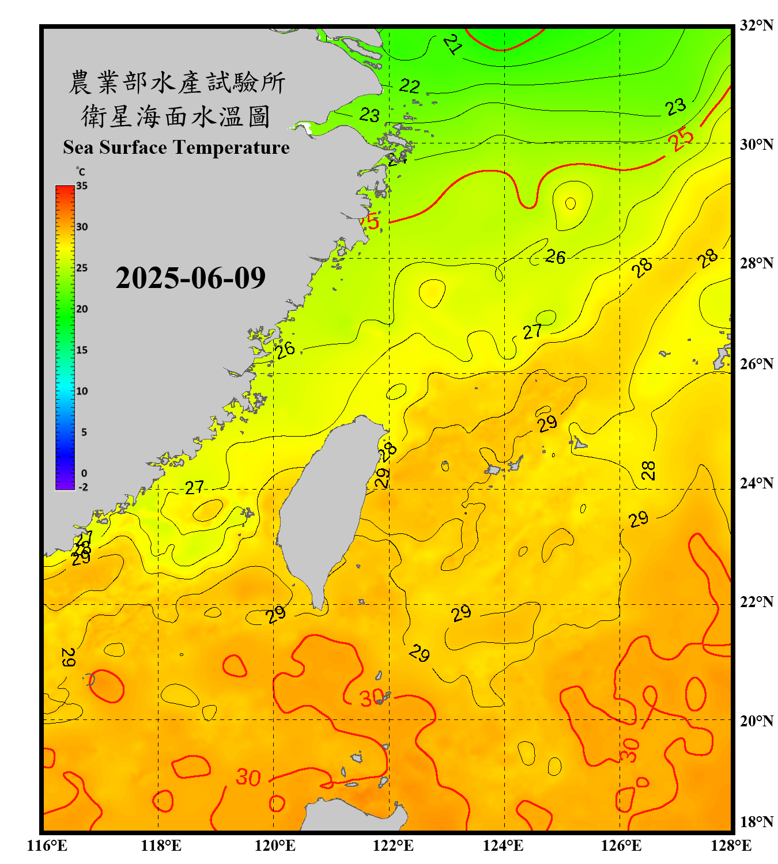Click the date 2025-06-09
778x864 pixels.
click(x=190, y=278)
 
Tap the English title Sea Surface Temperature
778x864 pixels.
click(x=176, y=147)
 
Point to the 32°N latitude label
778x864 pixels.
click(x=756, y=25)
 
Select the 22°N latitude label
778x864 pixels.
click(x=756, y=602)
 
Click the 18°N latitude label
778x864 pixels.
click(x=756, y=822)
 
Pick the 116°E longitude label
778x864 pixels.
click(x=47, y=846)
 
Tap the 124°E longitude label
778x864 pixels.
click(x=503, y=846)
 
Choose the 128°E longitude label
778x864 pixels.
click(x=731, y=846)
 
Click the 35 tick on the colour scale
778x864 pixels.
click(x=82, y=185)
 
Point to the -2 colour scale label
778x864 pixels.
click(x=83, y=487)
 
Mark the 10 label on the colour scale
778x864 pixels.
click(x=82, y=391)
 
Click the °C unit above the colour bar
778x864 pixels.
click(x=81, y=172)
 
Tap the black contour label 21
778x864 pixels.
click(x=453, y=44)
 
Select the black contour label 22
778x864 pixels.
click(x=409, y=86)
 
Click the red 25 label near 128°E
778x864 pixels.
click(x=681, y=139)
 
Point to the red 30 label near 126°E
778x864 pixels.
click(x=629, y=750)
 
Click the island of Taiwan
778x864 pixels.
click(x=323, y=507)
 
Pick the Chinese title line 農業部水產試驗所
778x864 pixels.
click(x=176, y=82)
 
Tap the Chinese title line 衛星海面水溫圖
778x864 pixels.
click(x=176, y=116)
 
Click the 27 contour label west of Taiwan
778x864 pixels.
click(x=194, y=487)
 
